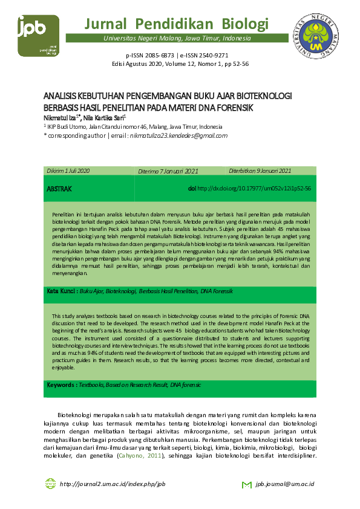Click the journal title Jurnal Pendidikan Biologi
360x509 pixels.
click(176, 24)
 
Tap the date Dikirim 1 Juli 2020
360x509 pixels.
click(68, 171)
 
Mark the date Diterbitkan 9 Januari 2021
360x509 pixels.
click(260, 171)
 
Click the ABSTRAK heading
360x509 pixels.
click(59, 189)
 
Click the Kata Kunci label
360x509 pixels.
click(62, 291)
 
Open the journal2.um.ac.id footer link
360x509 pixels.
click(113, 485)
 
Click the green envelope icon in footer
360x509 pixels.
click(246, 485)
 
